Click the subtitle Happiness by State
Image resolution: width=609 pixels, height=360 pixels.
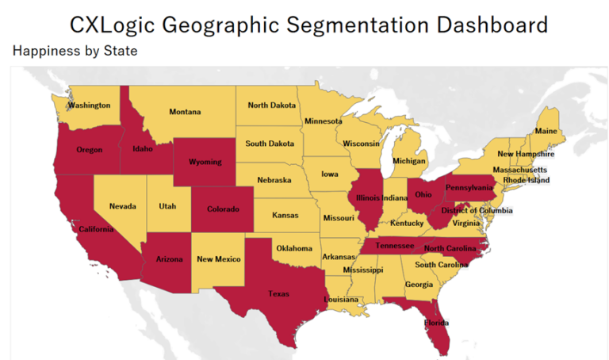tap(75, 52)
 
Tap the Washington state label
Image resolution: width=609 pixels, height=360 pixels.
tap(89, 105)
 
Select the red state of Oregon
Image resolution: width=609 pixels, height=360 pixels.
tap(89, 150)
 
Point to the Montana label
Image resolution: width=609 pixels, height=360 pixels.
tap(185, 113)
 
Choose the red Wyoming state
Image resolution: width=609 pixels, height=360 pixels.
tap(205, 163)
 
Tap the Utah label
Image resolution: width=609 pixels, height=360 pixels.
tap(167, 206)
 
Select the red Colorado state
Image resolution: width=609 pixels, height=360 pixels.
tap(223, 209)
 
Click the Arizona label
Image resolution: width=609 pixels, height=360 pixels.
tap(169, 259)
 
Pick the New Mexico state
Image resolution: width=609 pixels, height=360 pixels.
tap(219, 259)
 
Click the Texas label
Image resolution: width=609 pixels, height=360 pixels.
tap(278, 293)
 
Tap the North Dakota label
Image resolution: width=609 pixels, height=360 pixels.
tap(272, 105)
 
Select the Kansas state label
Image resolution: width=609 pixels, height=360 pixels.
tap(285, 215)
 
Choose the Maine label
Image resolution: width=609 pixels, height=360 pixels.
tap(546, 131)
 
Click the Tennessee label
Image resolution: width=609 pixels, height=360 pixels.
tap(394, 246)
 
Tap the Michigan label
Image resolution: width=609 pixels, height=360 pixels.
tap(409, 161)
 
